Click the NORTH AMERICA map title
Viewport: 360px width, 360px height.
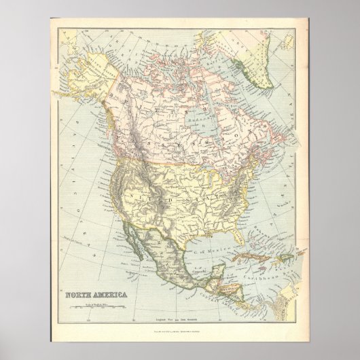click(89, 276)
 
